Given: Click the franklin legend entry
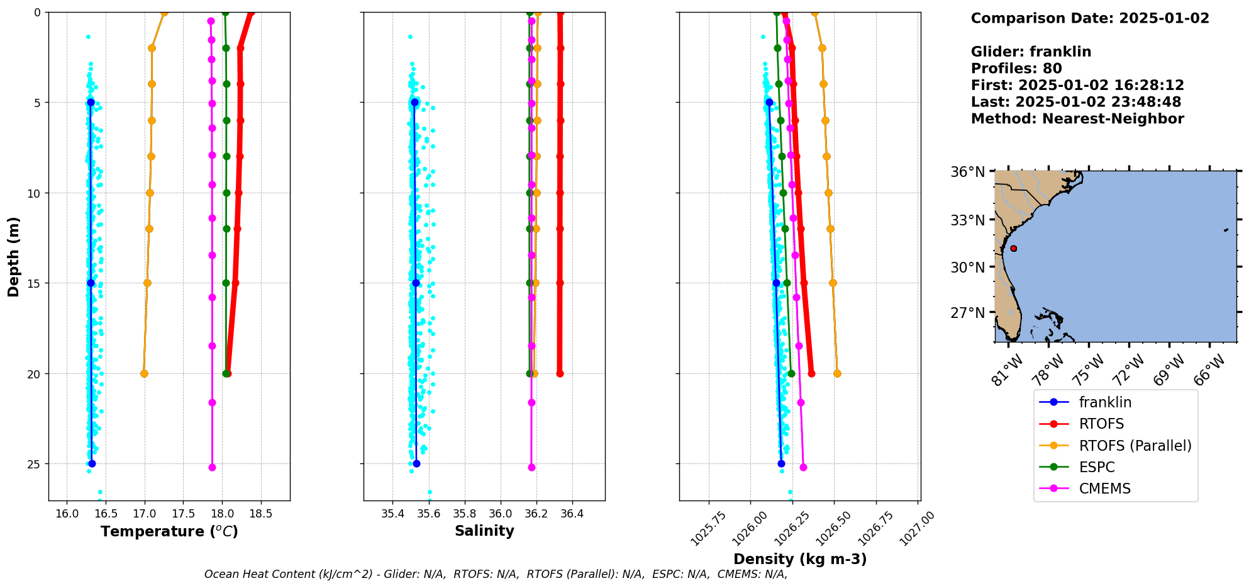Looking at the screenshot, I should [1104, 402].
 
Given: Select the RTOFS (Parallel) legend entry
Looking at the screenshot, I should [1135, 446].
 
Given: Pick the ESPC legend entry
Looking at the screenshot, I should [1096, 467].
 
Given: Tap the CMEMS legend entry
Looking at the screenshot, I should [1104, 489].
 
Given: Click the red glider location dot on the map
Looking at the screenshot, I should [1013, 248].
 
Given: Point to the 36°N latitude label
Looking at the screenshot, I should [968, 172].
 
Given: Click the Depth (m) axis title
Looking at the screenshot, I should [13, 256].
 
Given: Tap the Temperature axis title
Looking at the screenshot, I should [169, 532].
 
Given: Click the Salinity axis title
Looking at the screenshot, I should [484, 531].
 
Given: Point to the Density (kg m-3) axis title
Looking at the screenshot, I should [800, 559].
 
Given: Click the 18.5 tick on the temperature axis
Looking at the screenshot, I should [260, 514].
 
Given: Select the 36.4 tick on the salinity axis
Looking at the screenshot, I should [572, 514].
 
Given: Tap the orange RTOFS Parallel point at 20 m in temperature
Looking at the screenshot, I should [144, 373].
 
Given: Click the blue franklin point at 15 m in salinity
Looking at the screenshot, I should [416, 283].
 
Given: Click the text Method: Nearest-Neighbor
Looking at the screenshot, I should [1077, 119].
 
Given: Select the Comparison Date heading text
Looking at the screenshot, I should [1089, 18].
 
